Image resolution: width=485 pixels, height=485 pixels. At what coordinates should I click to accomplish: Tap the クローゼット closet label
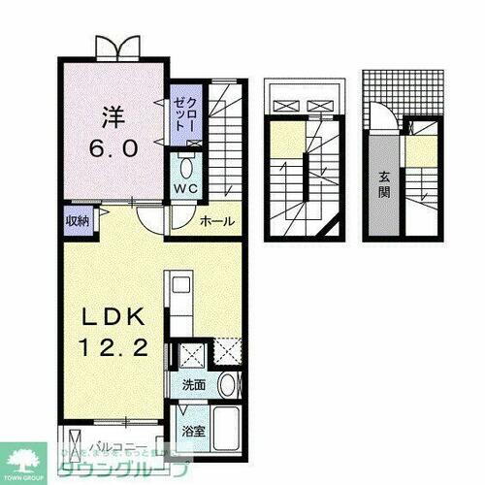(183, 114)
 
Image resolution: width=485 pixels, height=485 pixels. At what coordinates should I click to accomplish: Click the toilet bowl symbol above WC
(185, 165)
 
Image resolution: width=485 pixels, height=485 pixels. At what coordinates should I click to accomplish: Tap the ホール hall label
(217, 222)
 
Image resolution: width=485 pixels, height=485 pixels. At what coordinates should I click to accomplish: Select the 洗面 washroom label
(193, 384)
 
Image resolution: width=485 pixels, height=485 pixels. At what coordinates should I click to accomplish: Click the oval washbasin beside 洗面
(226, 385)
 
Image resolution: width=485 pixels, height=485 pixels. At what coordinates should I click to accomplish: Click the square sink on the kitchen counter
(179, 284)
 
